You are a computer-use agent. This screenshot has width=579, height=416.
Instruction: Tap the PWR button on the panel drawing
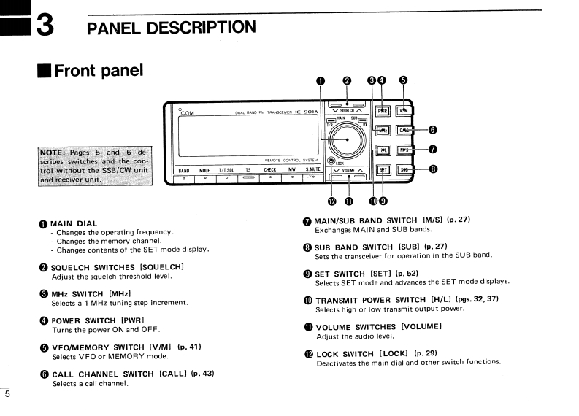pyautogui.click(x=382, y=111)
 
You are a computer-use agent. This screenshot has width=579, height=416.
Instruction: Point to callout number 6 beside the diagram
pyautogui.click(x=432, y=130)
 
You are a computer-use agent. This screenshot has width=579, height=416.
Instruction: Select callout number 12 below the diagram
pyautogui.click(x=331, y=201)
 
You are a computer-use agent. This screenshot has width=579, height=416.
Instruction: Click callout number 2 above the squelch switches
pyautogui.click(x=347, y=82)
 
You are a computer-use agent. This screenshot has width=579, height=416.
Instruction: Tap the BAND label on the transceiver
pyautogui.click(x=184, y=170)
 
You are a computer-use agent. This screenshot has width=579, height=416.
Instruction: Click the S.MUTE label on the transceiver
pyautogui.click(x=314, y=170)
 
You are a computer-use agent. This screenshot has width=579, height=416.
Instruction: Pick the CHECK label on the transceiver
pyautogui.click(x=269, y=170)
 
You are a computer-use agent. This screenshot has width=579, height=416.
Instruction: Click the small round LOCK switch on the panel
pyautogui.click(x=331, y=161)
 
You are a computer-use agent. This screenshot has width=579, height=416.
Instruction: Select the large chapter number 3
pyautogui.click(x=44, y=26)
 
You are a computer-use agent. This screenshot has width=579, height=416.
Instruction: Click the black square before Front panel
pyautogui.click(x=45, y=72)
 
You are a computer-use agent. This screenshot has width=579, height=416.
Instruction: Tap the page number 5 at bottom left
pyautogui.click(x=7, y=394)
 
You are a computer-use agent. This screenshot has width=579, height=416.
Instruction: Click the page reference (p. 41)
pyautogui.click(x=189, y=346)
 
